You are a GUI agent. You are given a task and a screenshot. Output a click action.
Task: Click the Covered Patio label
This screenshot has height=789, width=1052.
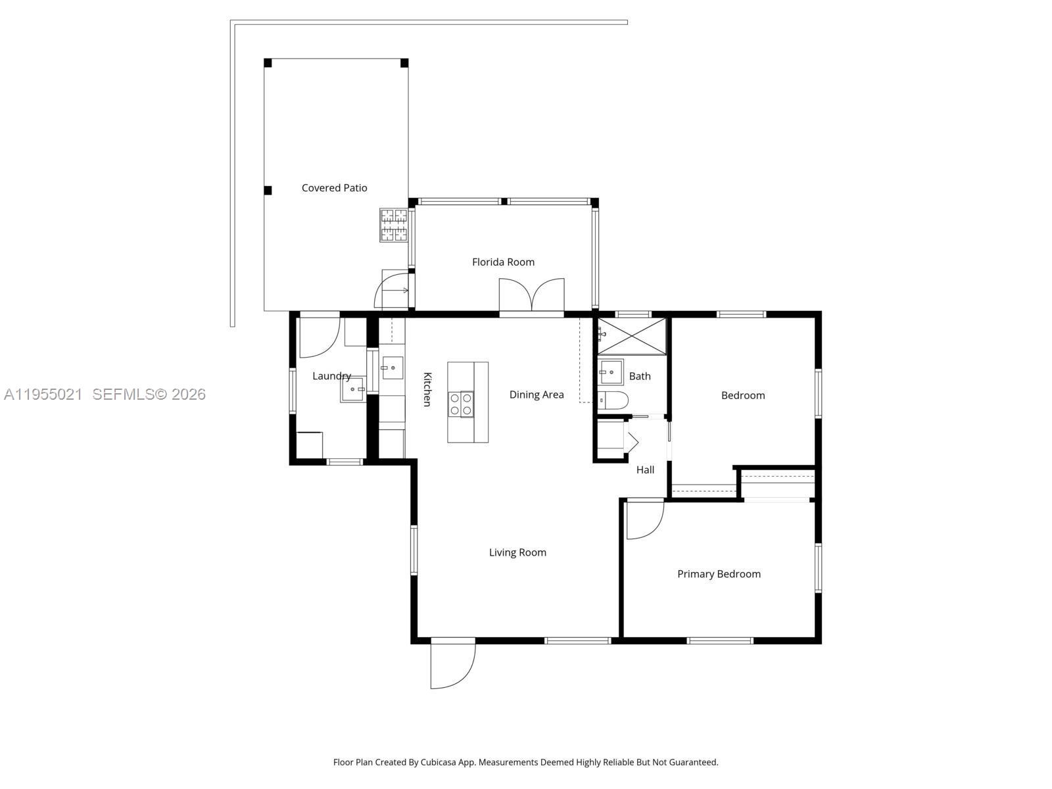click(x=334, y=188)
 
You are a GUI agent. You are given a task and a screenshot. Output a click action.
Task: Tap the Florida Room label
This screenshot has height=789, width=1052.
click(x=503, y=262)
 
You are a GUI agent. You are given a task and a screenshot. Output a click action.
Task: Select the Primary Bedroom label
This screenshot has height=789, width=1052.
click(x=719, y=574)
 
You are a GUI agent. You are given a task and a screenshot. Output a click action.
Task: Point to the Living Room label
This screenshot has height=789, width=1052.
click(x=517, y=552)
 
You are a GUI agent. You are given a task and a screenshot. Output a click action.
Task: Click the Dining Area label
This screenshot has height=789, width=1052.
click(x=537, y=394)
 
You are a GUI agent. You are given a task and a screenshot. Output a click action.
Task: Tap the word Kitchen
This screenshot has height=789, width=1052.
click(x=427, y=389)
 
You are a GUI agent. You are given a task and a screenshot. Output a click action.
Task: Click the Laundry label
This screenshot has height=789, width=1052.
click(x=331, y=376)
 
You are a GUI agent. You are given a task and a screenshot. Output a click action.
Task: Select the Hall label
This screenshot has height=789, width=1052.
click(x=645, y=469)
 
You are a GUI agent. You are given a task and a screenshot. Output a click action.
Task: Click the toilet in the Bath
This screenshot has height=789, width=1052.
click(x=613, y=400)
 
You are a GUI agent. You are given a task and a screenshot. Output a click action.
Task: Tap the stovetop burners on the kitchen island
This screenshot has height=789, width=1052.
click(x=460, y=404)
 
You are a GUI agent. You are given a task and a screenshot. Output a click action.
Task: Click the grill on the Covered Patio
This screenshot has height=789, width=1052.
click(x=393, y=225)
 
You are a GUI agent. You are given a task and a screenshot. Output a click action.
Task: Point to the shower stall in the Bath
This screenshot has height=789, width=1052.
click(x=631, y=336)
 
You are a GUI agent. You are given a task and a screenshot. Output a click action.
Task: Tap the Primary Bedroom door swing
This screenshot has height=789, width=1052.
click(x=644, y=519)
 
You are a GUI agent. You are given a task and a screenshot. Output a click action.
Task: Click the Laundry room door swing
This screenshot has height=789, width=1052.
click(x=319, y=337)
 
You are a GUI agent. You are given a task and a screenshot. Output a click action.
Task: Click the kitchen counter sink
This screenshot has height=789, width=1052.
click(x=392, y=368)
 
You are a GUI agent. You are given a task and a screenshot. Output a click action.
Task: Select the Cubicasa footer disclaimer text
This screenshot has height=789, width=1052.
click(x=525, y=763)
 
